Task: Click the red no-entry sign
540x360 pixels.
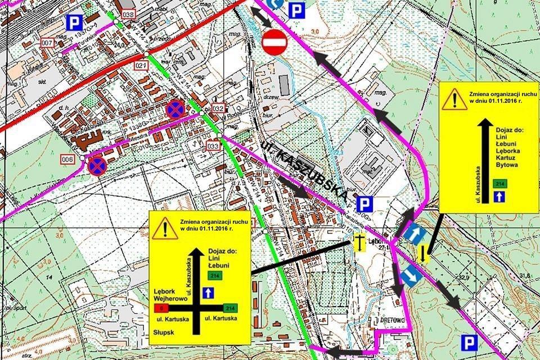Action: click(274, 43)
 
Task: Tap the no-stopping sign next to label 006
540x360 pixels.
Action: click(97, 165)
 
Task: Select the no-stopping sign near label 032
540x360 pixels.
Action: click(175, 109)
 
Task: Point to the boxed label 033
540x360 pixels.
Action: click(213, 147)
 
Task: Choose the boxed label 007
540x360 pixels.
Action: click(47, 43)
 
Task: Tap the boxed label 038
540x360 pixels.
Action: click(128, 14)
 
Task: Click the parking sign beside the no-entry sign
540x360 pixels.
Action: click(296, 9)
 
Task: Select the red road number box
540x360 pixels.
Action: click(162, 308)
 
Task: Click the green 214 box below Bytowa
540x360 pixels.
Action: click(498, 183)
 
